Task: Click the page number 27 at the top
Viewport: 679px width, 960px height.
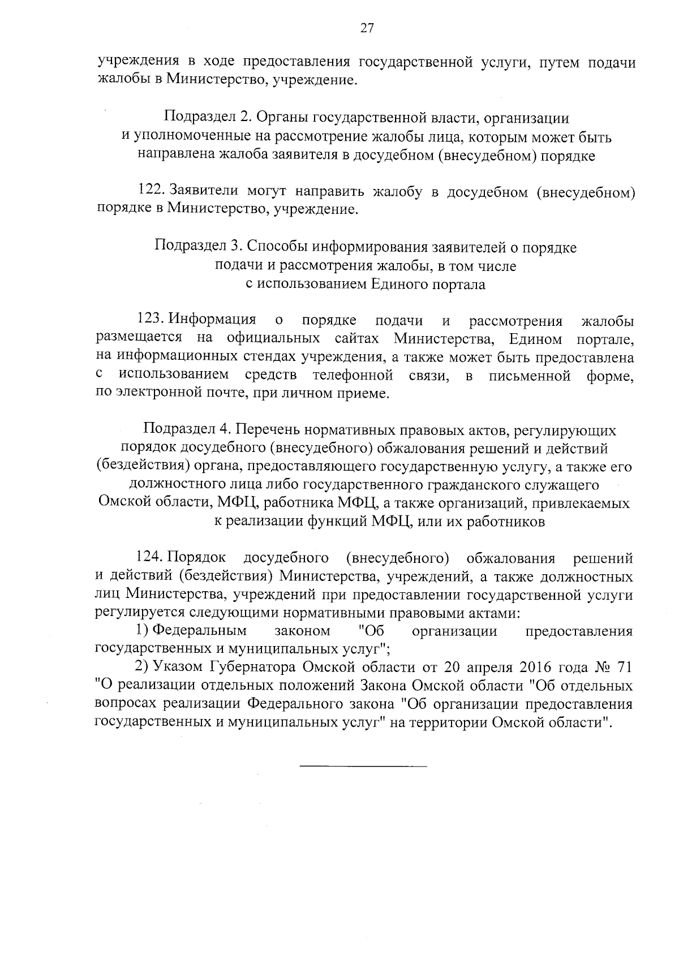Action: tap(367, 28)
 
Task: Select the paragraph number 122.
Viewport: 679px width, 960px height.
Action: tap(151, 192)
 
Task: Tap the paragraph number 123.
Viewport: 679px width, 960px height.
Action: tap(151, 320)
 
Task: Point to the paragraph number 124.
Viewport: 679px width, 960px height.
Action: tap(151, 558)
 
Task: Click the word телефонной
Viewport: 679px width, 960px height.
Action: tap(353, 374)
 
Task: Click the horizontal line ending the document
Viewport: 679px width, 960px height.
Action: tap(363, 766)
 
